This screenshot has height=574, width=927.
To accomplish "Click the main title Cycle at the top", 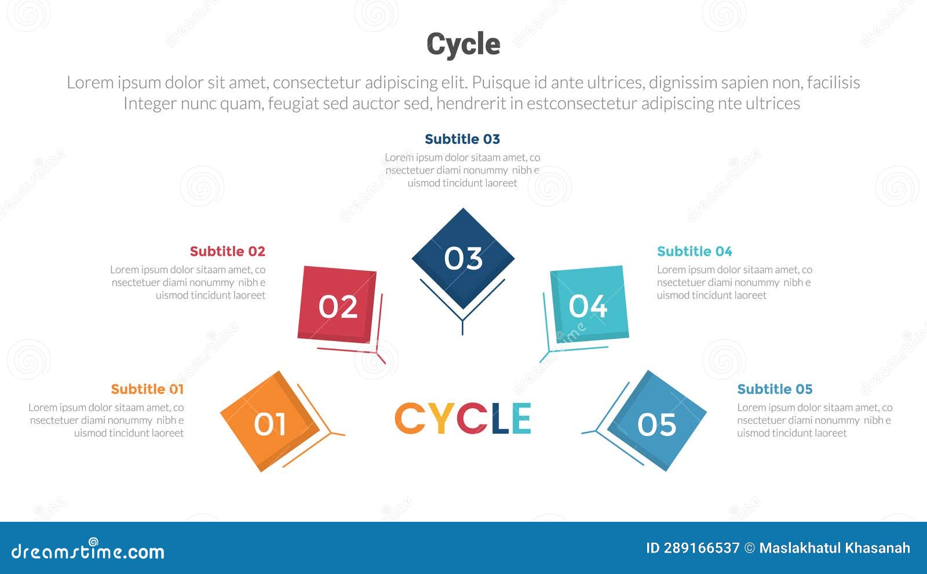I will tap(463, 44).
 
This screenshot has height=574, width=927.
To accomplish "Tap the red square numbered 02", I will tap(338, 306).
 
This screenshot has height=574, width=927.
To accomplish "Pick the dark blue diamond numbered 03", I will tap(463, 258).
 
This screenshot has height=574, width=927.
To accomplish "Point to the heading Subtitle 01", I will tap(147, 389).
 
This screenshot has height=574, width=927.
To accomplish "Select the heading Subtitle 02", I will tap(227, 251).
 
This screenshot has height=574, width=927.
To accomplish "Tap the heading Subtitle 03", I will tap(462, 139).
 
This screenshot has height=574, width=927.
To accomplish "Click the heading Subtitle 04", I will tap(694, 251).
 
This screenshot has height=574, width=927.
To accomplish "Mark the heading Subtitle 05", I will tap(775, 389).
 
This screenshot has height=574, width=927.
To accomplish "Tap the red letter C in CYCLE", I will tap(472, 418).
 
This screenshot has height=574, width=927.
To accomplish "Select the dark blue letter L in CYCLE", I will tap(499, 418).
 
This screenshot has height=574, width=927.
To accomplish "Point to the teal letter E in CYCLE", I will tap(521, 418).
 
